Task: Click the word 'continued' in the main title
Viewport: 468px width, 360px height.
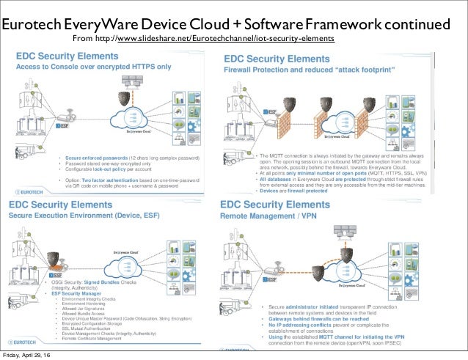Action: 407,24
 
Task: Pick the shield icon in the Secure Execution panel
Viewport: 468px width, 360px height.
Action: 54,259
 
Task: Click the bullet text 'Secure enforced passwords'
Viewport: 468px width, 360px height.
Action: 95,158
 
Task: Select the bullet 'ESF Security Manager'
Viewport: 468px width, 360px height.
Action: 77,294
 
